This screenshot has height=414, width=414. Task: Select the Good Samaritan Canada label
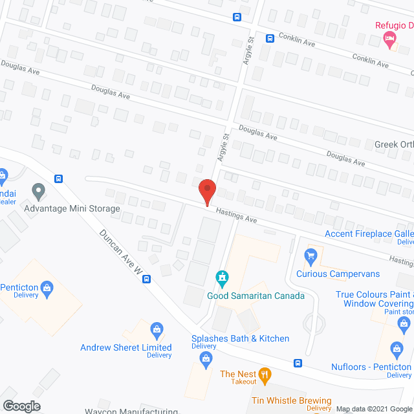[256, 296]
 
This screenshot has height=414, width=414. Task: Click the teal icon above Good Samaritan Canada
[223, 279]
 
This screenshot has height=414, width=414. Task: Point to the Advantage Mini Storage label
[72, 208]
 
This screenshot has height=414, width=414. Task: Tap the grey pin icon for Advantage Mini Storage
[38, 191]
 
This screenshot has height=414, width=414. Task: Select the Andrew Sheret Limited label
[125, 347]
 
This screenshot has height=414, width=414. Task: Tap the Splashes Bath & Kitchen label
[240, 338]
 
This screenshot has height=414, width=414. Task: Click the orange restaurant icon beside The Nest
[264, 374]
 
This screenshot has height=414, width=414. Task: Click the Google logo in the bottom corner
[21, 406]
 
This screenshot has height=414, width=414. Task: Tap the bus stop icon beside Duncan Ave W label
[147, 279]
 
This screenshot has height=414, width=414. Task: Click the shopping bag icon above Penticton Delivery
[47, 287]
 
